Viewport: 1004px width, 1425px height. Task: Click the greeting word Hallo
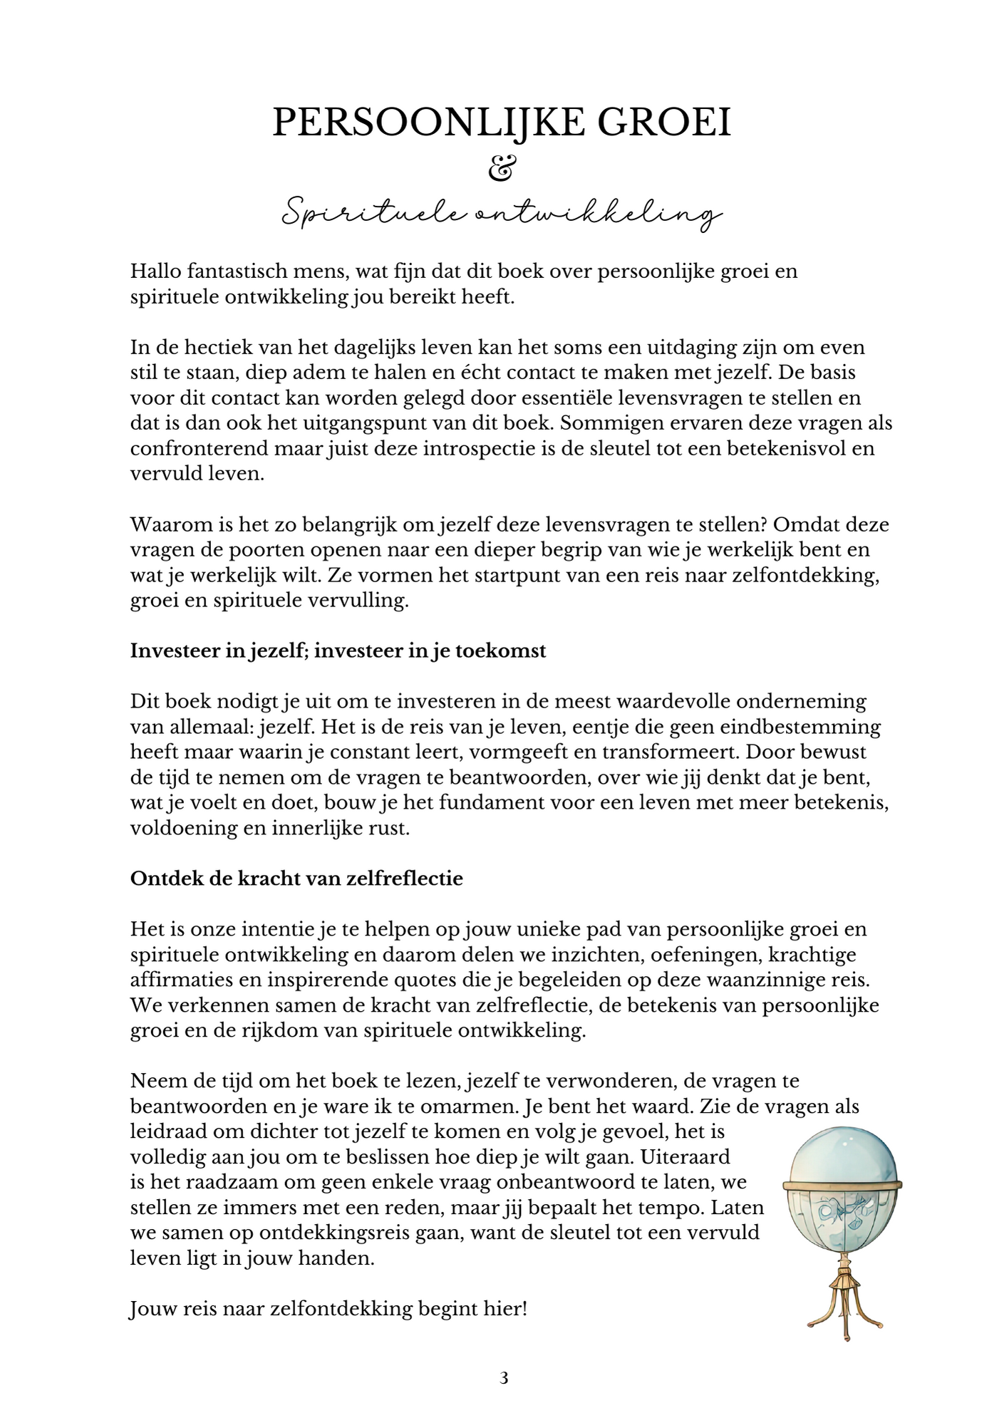pos(153,271)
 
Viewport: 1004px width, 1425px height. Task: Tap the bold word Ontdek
pos(156,879)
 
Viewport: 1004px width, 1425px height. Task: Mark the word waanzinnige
pos(770,980)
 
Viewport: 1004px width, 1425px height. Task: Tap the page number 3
pos(504,1378)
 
